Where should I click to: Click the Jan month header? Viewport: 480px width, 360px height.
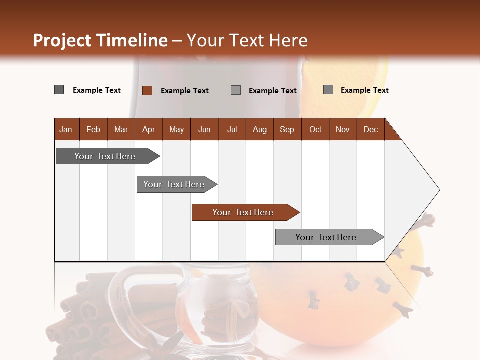66,129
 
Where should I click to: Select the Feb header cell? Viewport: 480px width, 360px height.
93,129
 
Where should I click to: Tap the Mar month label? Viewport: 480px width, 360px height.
121,129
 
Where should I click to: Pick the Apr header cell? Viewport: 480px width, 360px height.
149,129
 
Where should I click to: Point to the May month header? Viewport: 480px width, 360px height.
176,129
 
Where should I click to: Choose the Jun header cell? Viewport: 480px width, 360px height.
204,129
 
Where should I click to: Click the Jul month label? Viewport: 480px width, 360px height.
232,129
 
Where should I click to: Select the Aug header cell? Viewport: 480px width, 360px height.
260,129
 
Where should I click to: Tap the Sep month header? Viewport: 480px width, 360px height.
287,129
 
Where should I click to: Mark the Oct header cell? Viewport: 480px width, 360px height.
315,129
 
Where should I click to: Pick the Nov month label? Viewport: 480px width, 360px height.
343,129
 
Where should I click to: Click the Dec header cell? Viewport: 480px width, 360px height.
371,129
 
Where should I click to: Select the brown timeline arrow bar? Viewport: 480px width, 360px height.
245,212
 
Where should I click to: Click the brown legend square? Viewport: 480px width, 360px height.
147,90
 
